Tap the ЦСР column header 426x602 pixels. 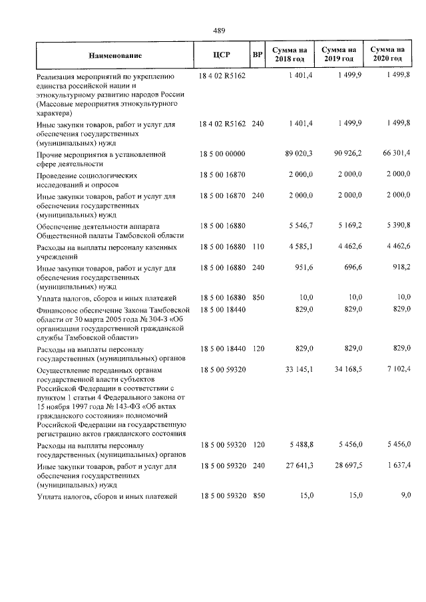coord(222,55)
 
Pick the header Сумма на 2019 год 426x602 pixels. coord(339,55)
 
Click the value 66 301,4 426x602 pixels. coord(395,154)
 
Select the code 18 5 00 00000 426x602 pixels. coord(222,154)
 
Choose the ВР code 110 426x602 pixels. coord(258,247)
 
